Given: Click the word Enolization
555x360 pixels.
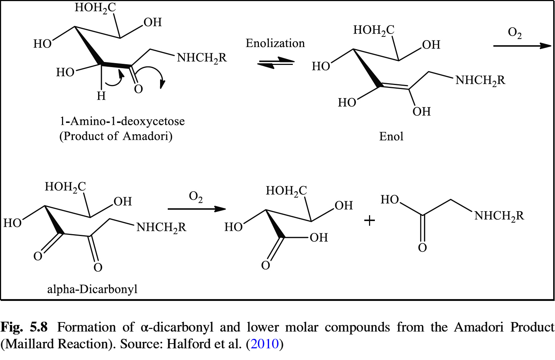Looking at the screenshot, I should tap(275, 43).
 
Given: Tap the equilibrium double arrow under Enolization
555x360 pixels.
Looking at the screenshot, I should tap(275, 63).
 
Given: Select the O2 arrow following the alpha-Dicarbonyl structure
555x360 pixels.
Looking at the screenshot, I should tap(197, 209).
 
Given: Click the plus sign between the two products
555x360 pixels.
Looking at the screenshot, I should tap(369, 220).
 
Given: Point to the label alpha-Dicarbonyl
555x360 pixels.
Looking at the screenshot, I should tap(92, 289).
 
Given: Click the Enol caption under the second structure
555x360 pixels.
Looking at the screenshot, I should tap(391, 136).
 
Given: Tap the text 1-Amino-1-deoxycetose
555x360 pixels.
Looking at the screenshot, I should tap(122, 121).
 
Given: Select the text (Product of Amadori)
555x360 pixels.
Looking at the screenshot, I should tap(116, 136).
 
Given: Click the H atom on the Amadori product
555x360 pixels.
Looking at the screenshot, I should tap(101, 96).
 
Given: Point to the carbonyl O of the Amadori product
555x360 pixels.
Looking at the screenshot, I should tap(138, 89).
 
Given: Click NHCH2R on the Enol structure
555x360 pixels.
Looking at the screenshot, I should tap(480, 80).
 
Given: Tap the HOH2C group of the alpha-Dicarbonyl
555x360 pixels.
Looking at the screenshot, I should tap(65, 187).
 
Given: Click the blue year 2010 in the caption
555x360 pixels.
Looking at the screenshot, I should tap(265, 344).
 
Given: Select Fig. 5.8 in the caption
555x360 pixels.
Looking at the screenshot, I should tap(24, 327).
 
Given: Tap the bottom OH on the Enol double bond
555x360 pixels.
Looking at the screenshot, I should tap(422, 112).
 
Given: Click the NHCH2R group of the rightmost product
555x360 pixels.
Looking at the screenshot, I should tap(499, 216).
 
